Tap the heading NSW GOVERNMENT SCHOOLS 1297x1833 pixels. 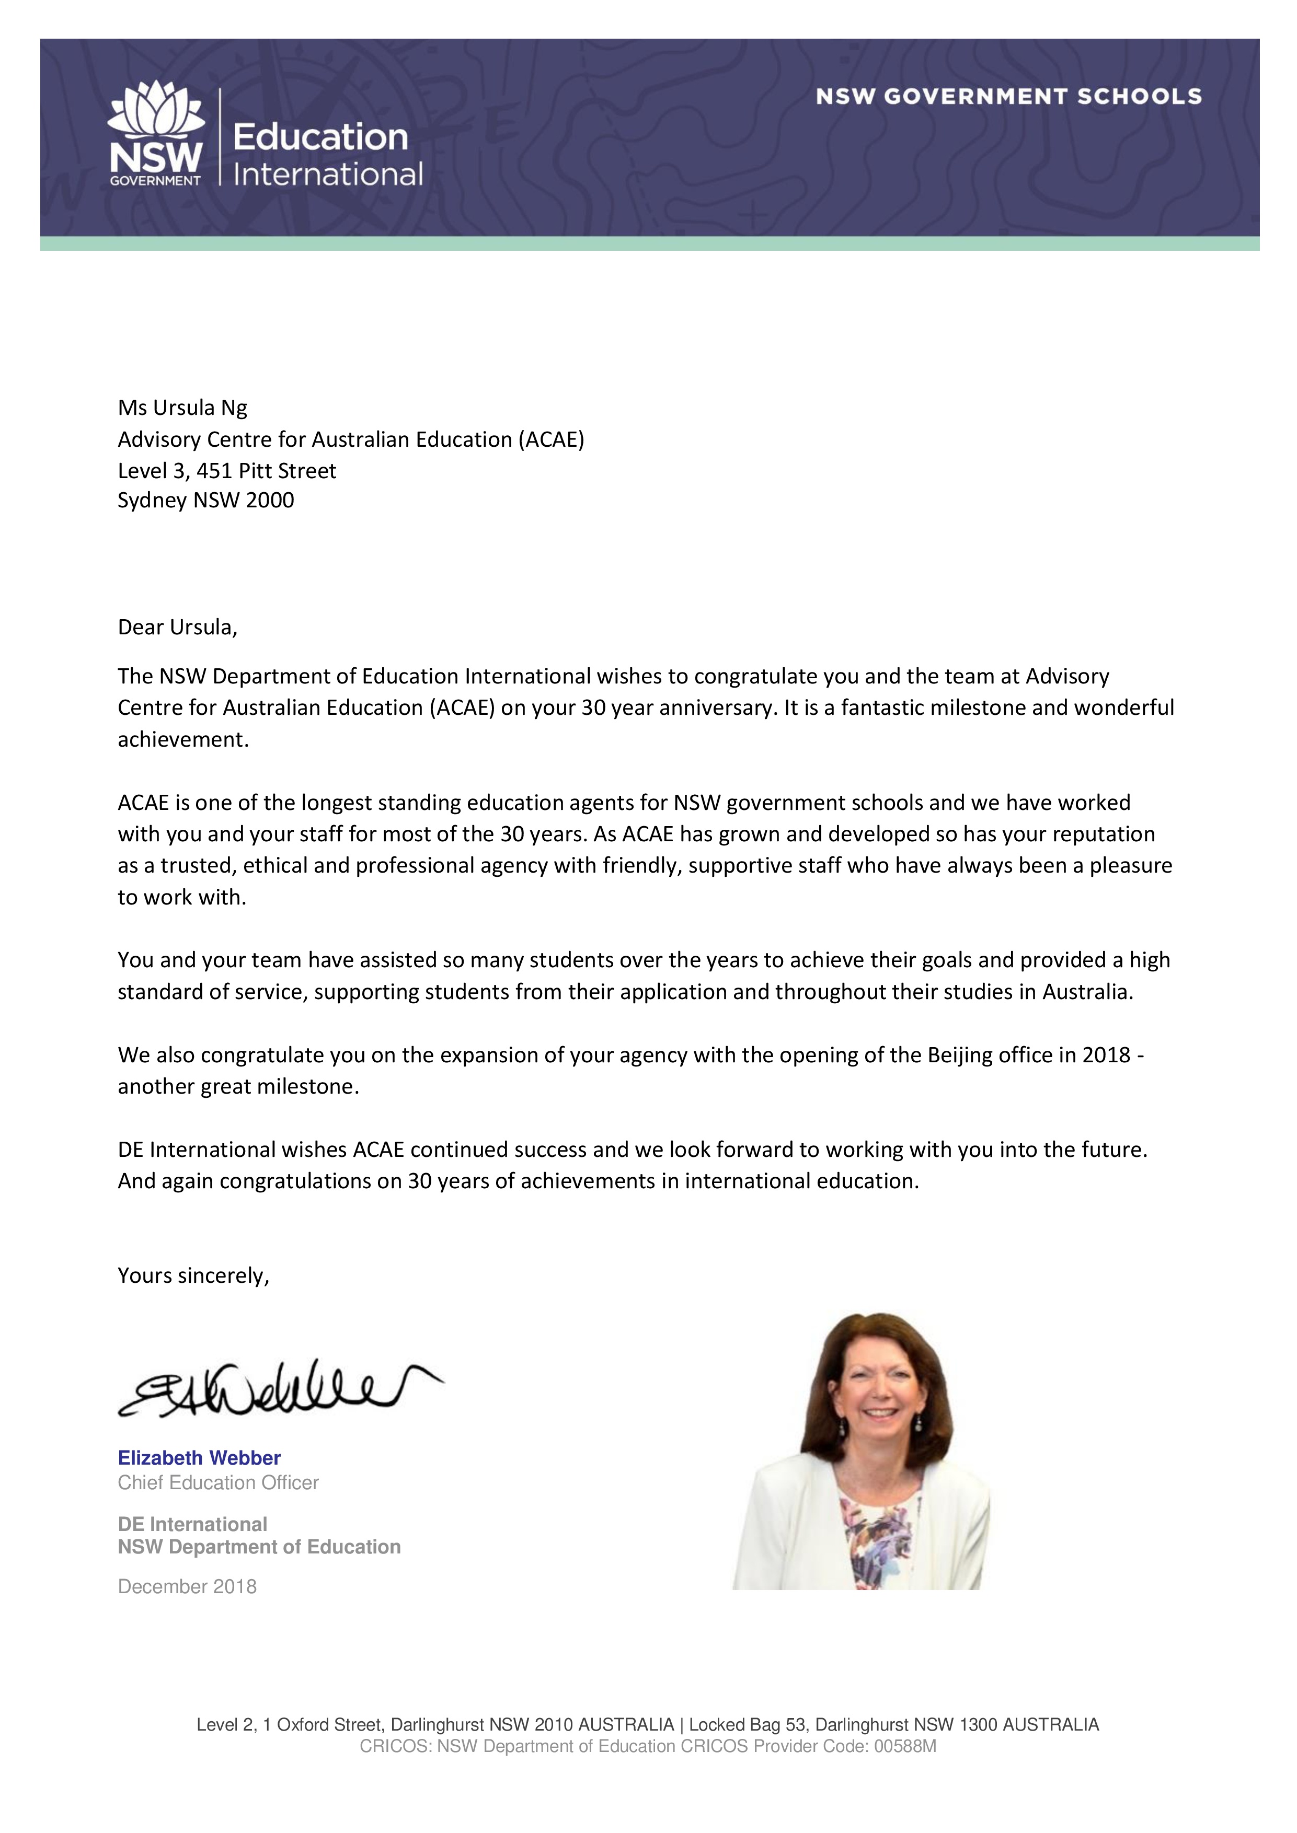[x=1008, y=97]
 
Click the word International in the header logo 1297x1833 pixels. [x=327, y=174]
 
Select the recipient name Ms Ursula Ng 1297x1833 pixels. [x=182, y=408]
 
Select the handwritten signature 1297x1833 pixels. [x=271, y=1390]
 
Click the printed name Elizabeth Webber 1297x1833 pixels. [x=199, y=1458]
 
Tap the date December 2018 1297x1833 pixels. [x=187, y=1586]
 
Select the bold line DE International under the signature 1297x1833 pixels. [x=192, y=1524]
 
